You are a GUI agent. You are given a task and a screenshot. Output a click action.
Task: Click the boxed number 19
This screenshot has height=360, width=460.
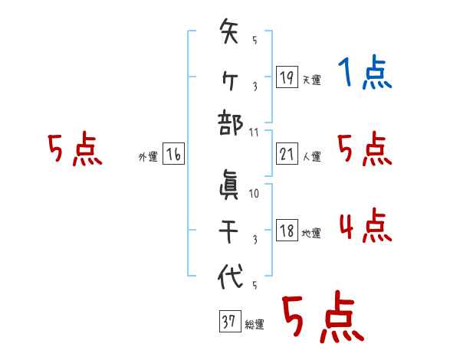pyautogui.click(x=286, y=77)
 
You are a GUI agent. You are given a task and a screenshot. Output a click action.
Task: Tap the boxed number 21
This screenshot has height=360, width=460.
pyautogui.click(x=286, y=155)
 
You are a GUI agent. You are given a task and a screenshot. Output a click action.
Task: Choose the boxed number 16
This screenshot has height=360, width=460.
pyautogui.click(x=173, y=155)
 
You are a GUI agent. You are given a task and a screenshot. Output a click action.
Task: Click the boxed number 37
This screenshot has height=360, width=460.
pyautogui.click(x=229, y=322)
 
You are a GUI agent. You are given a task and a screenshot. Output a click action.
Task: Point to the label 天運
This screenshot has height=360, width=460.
pyautogui.click(x=311, y=80)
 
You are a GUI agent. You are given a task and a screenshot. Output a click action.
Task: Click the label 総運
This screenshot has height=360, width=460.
pyautogui.click(x=255, y=325)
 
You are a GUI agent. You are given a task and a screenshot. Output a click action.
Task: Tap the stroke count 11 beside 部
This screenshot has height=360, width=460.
pyautogui.click(x=254, y=131)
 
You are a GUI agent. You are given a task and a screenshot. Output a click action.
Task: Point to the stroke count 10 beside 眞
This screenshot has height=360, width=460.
pyautogui.click(x=254, y=193)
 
